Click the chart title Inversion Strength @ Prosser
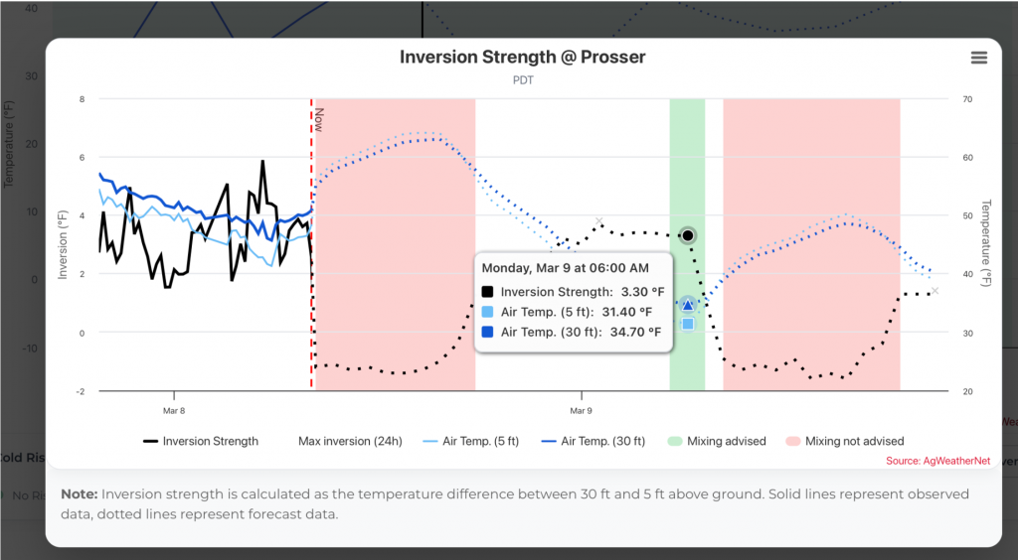point(522,57)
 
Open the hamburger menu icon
point(979,58)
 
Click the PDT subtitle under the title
point(523,80)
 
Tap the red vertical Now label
point(318,120)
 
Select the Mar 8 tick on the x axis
point(173,409)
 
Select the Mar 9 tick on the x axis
point(581,409)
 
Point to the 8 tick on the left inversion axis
point(83,99)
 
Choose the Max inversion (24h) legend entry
point(349,441)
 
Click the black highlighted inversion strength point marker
point(688,235)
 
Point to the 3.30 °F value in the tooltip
point(640,292)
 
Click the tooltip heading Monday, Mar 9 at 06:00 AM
point(565,268)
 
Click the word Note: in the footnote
point(79,494)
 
